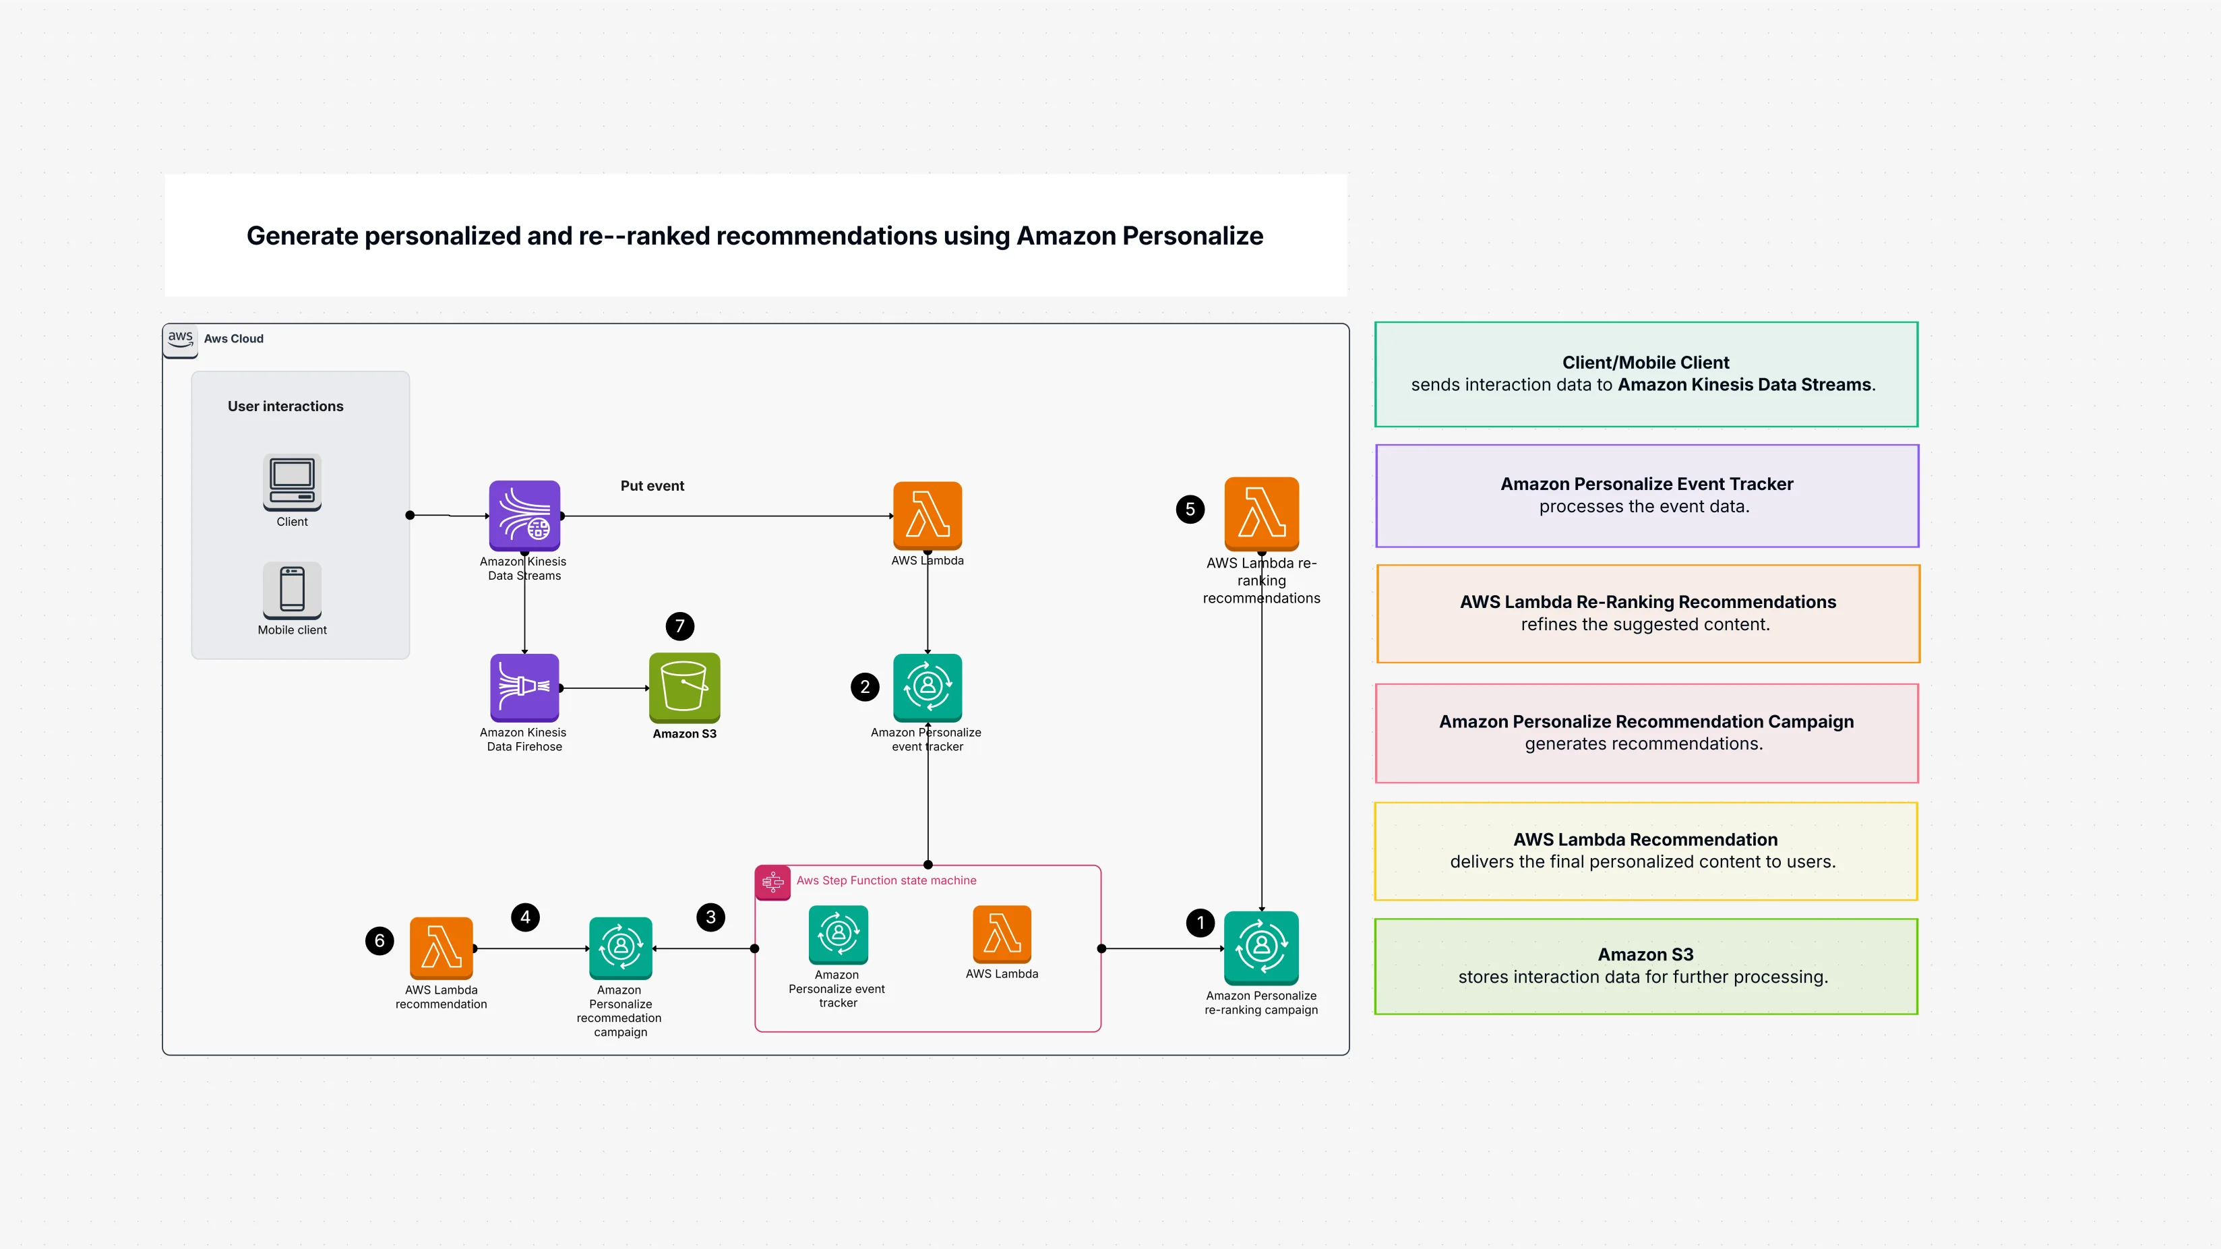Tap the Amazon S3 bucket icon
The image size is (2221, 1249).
pos(683,687)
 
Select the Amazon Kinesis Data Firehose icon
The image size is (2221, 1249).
pos(524,687)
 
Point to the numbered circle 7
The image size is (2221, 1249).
pos(679,626)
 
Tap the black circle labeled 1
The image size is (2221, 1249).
pos(1200,922)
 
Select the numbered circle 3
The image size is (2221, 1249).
pos(710,917)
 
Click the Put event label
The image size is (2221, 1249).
pos(652,485)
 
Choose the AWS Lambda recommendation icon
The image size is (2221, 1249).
pos(441,947)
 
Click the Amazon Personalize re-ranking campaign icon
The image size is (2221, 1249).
pos(1260,947)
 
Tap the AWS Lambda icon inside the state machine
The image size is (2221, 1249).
pos(1001,934)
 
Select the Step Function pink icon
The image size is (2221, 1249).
pos(772,882)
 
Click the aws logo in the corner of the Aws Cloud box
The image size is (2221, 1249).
pos(180,339)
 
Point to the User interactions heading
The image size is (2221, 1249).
pos(285,406)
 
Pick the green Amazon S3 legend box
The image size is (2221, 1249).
pos(1645,965)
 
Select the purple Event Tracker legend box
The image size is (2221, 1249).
pos(1646,495)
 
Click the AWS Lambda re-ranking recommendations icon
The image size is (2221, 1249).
pos(1260,513)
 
